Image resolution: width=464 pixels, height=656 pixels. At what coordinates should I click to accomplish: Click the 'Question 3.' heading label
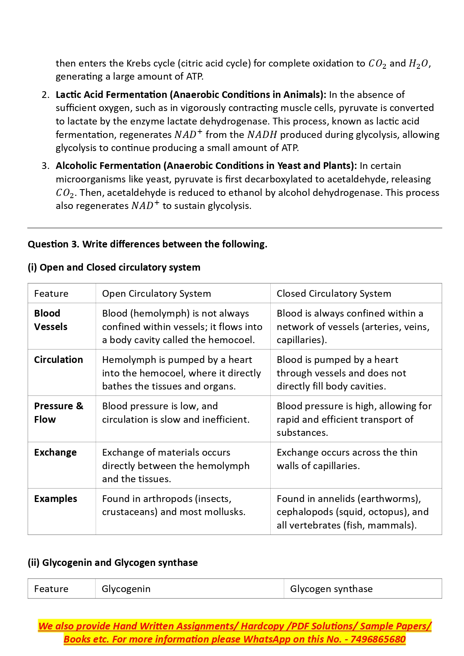click(53, 244)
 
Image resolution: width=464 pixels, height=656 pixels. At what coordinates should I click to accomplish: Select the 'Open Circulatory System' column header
click(156, 293)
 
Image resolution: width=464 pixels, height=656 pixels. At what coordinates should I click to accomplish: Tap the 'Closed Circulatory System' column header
click(334, 293)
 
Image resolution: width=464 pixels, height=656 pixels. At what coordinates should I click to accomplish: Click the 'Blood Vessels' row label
click(50, 320)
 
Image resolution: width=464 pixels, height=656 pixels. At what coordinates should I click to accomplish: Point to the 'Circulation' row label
click(58, 360)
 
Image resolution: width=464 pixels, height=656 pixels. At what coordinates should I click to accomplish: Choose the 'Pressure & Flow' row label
click(58, 413)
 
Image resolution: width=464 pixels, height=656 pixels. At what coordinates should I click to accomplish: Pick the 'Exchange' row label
click(55, 452)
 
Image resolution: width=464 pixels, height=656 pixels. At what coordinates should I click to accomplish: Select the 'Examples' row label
click(55, 499)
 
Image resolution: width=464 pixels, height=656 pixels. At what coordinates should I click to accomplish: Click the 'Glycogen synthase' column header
click(331, 589)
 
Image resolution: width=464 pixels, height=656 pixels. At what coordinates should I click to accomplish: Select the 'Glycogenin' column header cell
click(126, 589)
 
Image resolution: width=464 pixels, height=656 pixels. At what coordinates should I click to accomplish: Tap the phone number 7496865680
click(378, 639)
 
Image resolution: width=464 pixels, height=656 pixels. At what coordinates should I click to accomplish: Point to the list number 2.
click(45, 95)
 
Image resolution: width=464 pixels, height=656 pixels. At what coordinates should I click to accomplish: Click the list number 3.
click(45, 166)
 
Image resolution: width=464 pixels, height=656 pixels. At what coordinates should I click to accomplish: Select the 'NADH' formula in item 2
click(262, 135)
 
